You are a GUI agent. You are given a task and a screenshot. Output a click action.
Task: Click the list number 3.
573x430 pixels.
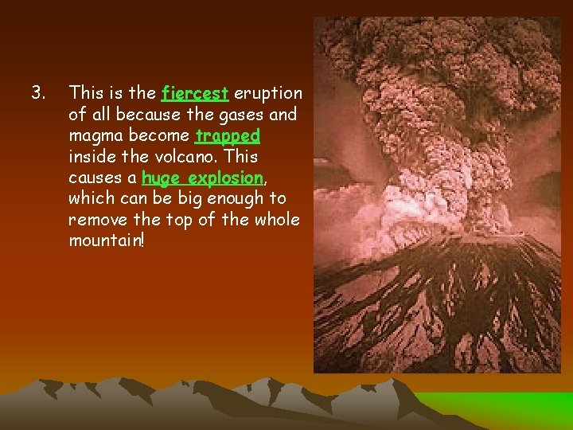pyautogui.click(x=36, y=94)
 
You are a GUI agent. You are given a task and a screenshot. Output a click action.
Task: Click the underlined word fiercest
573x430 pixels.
pyautogui.click(x=195, y=94)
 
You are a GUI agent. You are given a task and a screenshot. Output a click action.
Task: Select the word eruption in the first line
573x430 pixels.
pyautogui.click(x=268, y=94)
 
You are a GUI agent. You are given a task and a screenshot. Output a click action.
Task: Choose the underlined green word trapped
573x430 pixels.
pyautogui.click(x=228, y=136)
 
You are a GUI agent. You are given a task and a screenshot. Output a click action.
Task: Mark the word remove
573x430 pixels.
pyautogui.click(x=98, y=219)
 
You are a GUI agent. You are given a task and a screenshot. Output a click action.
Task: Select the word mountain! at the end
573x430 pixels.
pyautogui.click(x=107, y=240)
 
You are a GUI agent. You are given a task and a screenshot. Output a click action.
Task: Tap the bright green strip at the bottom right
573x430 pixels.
pyautogui.click(x=509, y=406)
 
